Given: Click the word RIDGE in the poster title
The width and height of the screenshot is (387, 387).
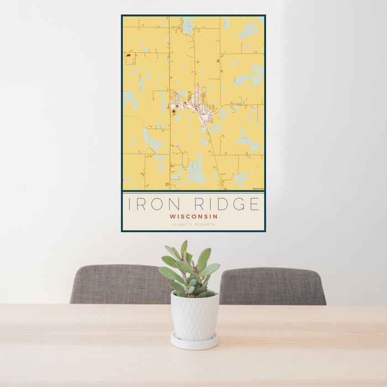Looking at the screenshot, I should pyautogui.click(x=224, y=204).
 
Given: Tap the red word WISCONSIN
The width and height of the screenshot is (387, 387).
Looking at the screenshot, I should pyautogui.click(x=193, y=217).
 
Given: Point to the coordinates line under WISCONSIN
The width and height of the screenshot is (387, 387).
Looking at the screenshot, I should pyautogui.click(x=193, y=225).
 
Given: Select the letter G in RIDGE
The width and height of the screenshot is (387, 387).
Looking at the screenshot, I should pyautogui.click(x=239, y=204).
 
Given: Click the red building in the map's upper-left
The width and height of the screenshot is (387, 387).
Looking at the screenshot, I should pyautogui.click(x=128, y=55).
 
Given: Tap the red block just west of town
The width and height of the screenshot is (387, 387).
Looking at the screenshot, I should pyautogui.click(x=174, y=111).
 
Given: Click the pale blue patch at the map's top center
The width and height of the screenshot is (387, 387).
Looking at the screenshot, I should pyautogui.click(x=188, y=25).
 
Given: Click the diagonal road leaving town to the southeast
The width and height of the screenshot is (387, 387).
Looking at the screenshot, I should pyautogui.click(x=214, y=149).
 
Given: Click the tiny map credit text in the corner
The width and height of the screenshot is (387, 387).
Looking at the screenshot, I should pyautogui.click(x=257, y=189).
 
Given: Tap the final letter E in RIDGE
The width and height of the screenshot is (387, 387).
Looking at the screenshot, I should pyautogui.click(x=254, y=204).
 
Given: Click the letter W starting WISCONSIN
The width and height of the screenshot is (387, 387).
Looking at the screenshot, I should pyautogui.click(x=172, y=217).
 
